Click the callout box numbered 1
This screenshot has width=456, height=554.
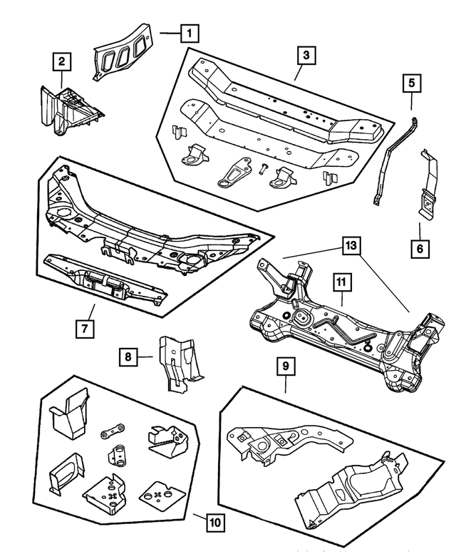189,33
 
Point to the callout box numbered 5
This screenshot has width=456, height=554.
411,83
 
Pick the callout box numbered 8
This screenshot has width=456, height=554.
128,354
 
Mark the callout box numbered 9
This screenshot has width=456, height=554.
284,368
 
